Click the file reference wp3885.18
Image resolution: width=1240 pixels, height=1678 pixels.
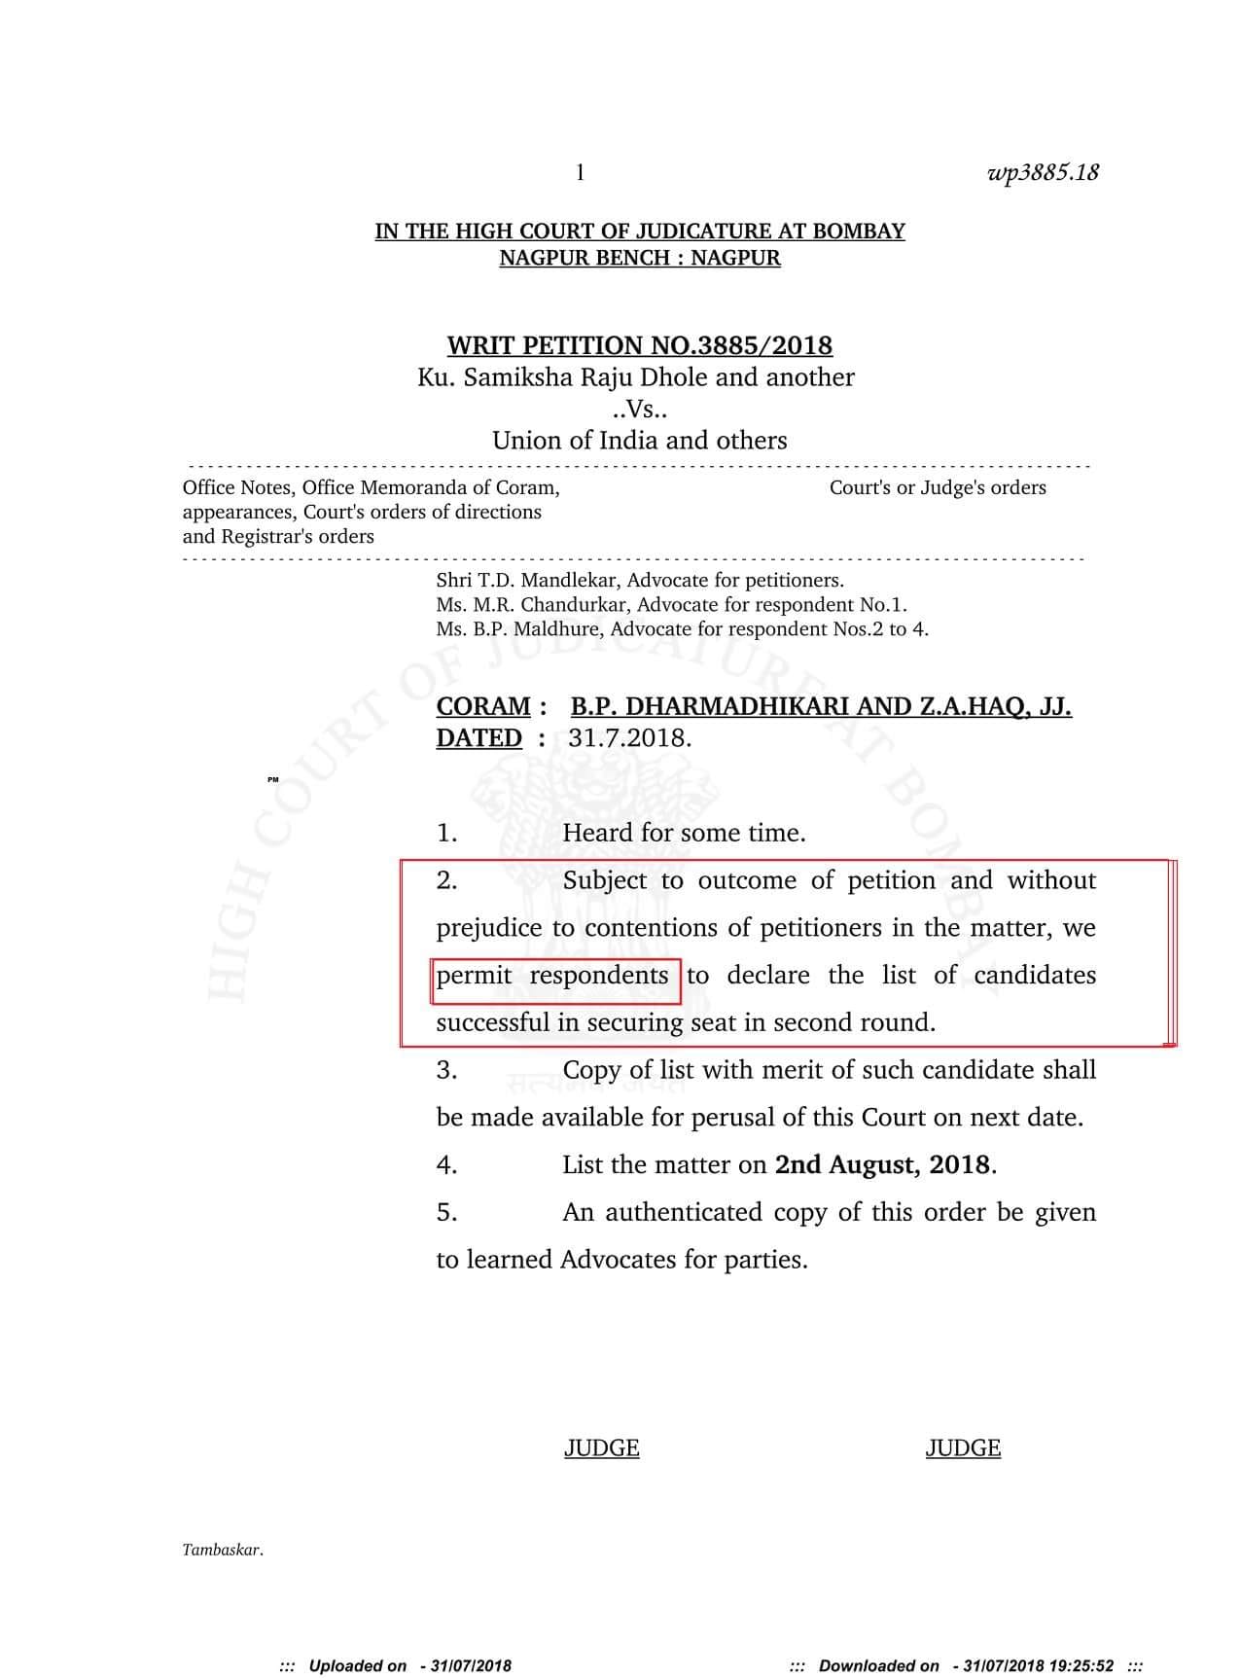(1043, 173)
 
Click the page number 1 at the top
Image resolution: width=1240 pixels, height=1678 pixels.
(581, 173)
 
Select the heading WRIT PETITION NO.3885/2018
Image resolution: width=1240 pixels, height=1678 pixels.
(639, 345)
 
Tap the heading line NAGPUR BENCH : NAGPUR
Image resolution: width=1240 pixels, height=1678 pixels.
(639, 258)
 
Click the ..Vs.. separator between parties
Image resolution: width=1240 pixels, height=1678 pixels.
(639, 409)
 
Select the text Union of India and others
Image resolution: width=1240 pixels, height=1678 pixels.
(639, 441)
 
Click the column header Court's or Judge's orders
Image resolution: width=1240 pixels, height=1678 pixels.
(938, 487)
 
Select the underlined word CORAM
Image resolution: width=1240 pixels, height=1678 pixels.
(483, 706)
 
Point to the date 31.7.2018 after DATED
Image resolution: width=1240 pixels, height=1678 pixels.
(629, 738)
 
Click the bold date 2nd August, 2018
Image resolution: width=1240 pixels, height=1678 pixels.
(883, 1165)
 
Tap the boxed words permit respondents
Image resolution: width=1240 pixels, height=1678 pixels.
(554, 976)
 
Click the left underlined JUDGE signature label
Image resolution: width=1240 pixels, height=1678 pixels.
(601, 1448)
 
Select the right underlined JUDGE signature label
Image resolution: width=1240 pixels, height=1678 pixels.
(963, 1448)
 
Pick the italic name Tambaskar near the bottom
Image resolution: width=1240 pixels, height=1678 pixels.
(222, 1551)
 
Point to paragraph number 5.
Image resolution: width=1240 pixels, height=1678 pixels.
(446, 1213)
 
